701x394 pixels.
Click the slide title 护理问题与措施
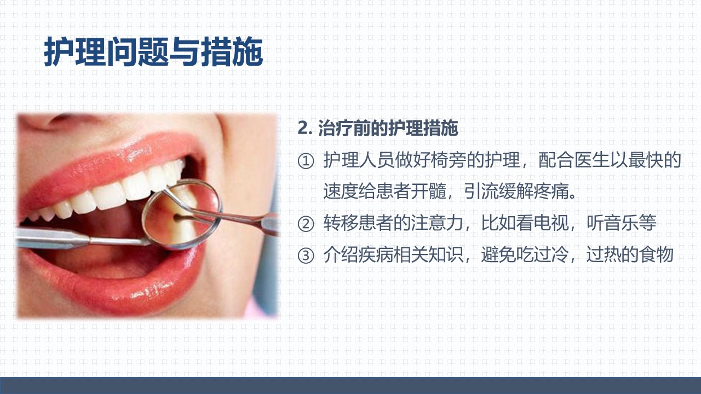tap(153, 51)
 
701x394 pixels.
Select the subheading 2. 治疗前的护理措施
tap(378, 128)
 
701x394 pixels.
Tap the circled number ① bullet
tap(306, 161)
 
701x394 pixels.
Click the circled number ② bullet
tap(306, 224)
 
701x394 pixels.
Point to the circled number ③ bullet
tap(306, 256)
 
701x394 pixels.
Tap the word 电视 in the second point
tap(551, 223)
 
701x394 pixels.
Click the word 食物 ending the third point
tap(656, 254)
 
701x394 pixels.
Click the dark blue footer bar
tap(350, 386)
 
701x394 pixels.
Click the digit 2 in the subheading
tap(303, 129)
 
